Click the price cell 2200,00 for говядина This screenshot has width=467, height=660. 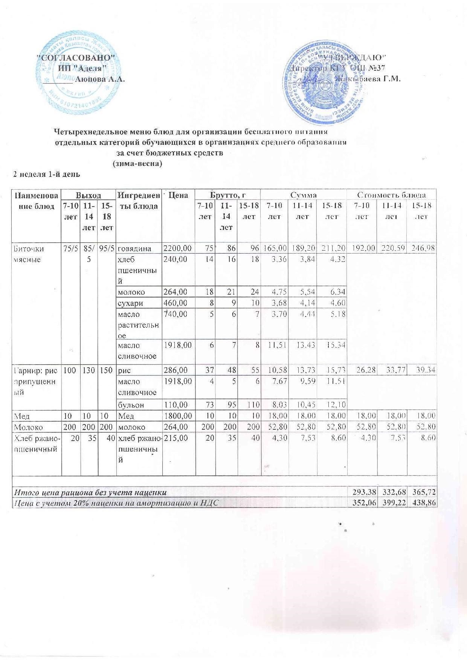177,248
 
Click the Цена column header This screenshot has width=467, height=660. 179,195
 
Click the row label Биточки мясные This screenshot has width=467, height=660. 29,254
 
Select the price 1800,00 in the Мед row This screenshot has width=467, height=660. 177,416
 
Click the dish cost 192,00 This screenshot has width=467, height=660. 363,248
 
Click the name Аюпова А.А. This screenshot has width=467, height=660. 101,79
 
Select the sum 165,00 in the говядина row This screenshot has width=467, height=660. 275,248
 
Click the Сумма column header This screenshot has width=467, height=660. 304,195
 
